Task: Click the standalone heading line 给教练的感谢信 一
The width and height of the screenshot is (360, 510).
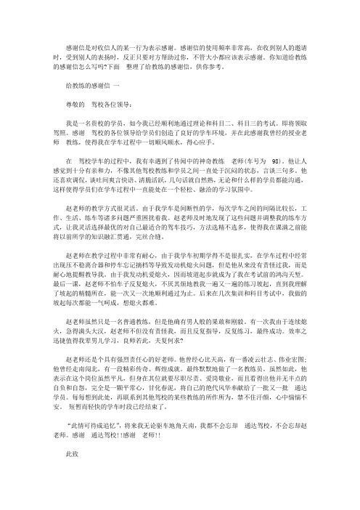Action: click(99, 85)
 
